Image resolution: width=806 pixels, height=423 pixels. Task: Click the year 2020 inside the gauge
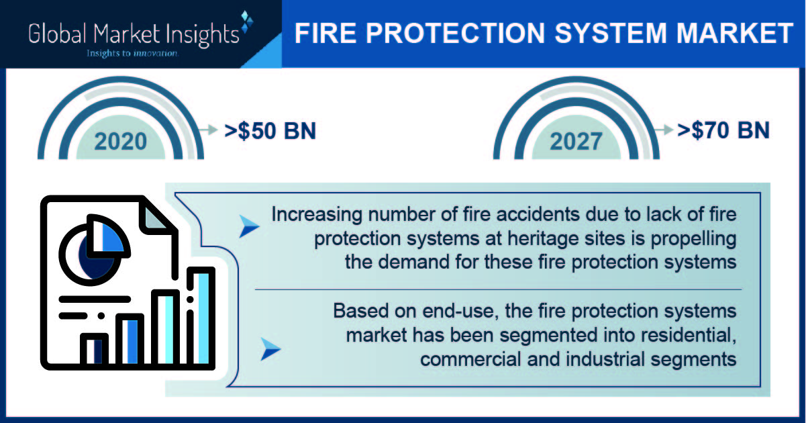pos(121,142)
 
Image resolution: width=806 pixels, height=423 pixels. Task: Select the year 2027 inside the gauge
pos(576,142)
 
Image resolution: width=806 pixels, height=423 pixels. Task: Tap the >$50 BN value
pos(270,131)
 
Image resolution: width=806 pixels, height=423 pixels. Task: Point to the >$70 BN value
pos(723,130)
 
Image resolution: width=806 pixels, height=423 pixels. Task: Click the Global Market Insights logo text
pos(134,35)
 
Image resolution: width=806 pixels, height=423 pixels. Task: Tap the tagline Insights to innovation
pos(132,54)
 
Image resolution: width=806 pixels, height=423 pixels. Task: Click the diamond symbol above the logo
pos(246,21)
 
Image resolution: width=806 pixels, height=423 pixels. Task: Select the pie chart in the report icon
pos(94,250)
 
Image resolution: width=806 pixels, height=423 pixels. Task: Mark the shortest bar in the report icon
pos(94,349)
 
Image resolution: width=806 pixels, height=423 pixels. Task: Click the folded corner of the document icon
pos(155,217)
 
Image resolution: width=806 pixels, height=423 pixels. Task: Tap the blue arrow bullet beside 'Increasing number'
pos(249,226)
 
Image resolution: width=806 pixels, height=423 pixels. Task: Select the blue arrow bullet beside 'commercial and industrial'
pos(270,349)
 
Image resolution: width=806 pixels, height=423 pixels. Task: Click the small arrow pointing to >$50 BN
pos(208,130)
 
